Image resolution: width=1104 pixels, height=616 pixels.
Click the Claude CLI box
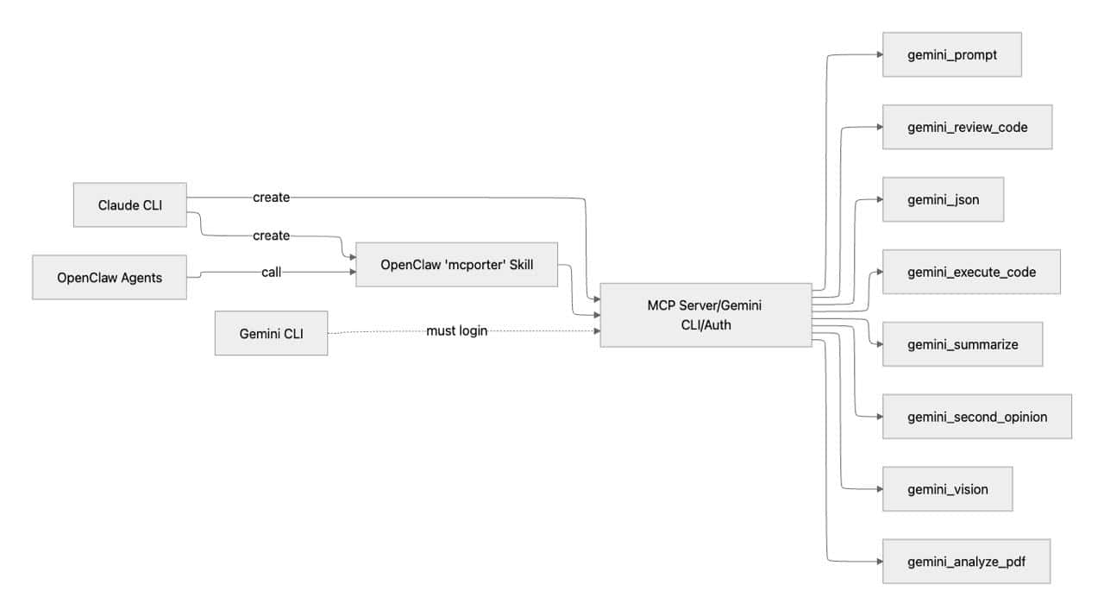point(129,205)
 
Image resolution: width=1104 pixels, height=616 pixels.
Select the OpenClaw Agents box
point(110,277)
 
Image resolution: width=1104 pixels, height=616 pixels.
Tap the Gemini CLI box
point(271,333)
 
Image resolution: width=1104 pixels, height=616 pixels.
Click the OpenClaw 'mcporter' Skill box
point(457,265)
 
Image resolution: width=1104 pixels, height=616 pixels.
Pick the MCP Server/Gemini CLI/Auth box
point(705,315)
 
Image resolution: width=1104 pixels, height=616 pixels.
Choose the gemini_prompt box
point(951,54)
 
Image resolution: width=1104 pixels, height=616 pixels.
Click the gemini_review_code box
point(967,127)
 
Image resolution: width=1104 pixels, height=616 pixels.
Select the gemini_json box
point(943,199)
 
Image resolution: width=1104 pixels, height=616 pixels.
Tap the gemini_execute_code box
point(971,272)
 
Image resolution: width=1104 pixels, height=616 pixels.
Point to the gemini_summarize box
point(963,344)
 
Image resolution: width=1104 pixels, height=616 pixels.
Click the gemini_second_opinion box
point(976,417)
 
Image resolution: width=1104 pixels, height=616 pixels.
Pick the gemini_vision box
point(947,489)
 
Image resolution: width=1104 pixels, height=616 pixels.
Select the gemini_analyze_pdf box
point(966,562)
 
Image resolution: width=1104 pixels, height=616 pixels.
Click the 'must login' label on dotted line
point(450,331)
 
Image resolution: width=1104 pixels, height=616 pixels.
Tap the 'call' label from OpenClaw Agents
point(272,273)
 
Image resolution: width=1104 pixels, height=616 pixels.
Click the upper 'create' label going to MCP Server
point(271,198)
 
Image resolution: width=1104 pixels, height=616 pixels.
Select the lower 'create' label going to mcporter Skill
point(271,236)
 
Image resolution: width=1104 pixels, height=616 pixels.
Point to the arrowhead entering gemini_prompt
point(878,54)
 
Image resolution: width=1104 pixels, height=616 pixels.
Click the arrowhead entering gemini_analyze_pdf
point(878,562)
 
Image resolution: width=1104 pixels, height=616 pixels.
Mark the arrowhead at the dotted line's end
point(595,331)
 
